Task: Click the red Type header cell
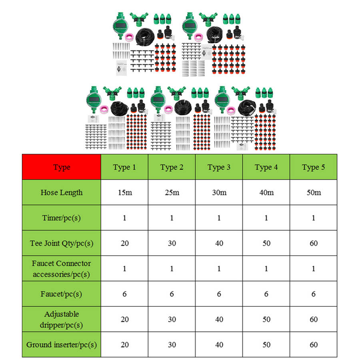coord(61,167)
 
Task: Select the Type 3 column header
coord(219,167)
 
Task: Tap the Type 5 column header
coord(313,167)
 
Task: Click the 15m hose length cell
coord(124,192)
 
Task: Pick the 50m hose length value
coord(313,192)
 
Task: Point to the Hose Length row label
coord(61,192)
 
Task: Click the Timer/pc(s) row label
coord(61,218)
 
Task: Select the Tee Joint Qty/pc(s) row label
coord(61,243)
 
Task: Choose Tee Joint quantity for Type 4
coord(266,243)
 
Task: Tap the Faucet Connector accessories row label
coord(61,269)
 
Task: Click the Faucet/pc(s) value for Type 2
coord(172,294)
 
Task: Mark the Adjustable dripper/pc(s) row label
coord(61,319)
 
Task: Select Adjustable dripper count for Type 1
coord(124,319)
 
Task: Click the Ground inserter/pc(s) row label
coord(61,344)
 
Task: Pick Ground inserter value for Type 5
coord(313,344)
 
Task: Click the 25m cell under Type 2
coord(172,192)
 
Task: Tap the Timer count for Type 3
coord(219,218)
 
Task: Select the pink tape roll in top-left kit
coord(131,38)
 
